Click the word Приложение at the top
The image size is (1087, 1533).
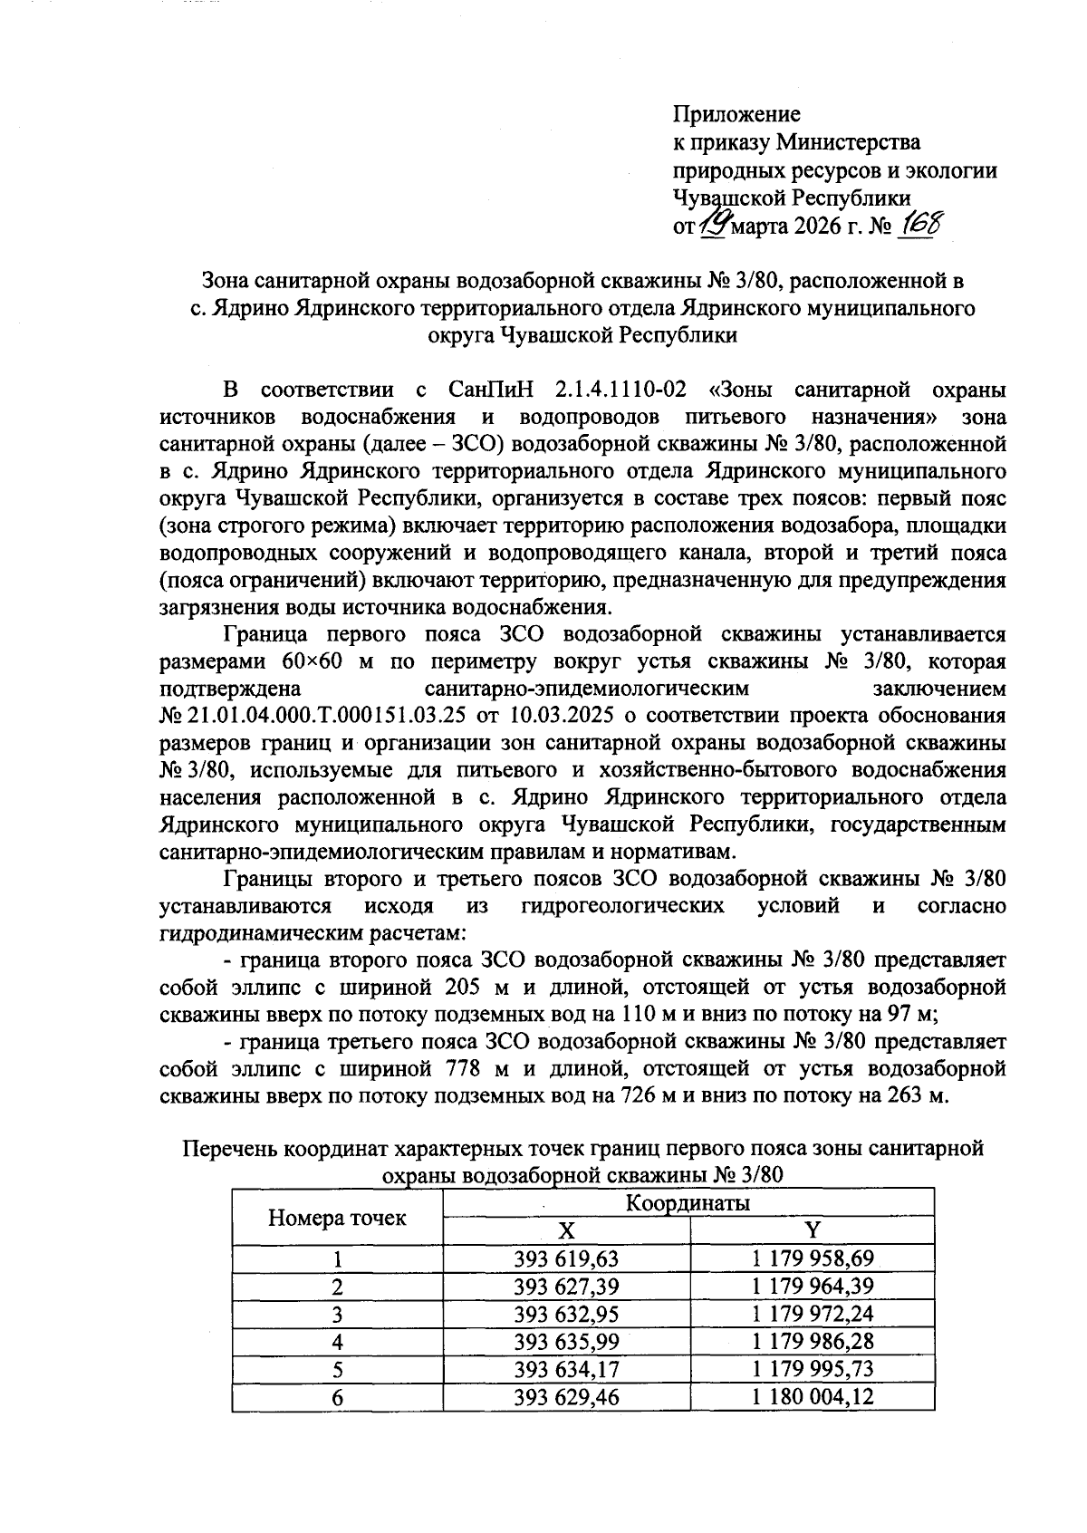coord(736,114)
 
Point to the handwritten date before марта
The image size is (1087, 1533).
coord(715,221)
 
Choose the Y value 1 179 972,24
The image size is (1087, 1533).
coord(812,1313)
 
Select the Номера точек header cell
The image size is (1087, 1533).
coord(337,1217)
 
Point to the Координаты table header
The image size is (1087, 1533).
coord(688,1203)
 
